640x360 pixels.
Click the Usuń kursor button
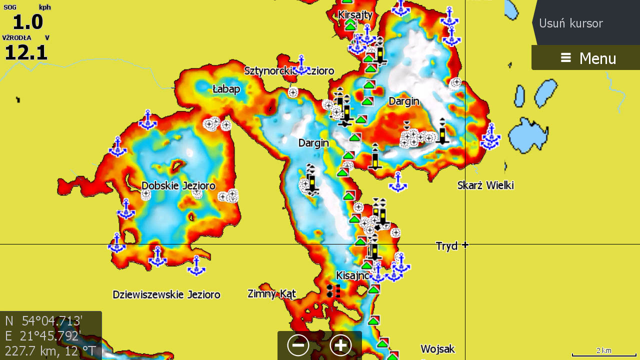click(x=571, y=23)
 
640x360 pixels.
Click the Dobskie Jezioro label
click(x=178, y=186)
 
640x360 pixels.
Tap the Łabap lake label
click(x=226, y=89)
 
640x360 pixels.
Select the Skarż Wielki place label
click(x=485, y=185)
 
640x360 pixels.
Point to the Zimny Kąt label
click(x=272, y=293)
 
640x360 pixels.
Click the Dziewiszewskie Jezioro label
click(x=166, y=294)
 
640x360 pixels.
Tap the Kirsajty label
click(x=355, y=15)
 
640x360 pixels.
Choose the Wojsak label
click(x=437, y=349)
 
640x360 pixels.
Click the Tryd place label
click(x=446, y=246)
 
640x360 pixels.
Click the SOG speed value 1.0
click(x=27, y=22)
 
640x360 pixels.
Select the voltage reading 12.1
click(x=26, y=52)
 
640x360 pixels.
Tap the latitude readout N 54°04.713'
click(x=43, y=321)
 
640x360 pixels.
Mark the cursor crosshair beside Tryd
click(x=465, y=244)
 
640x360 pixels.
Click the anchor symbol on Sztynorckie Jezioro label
click(x=301, y=65)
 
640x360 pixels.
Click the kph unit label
click(x=44, y=7)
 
